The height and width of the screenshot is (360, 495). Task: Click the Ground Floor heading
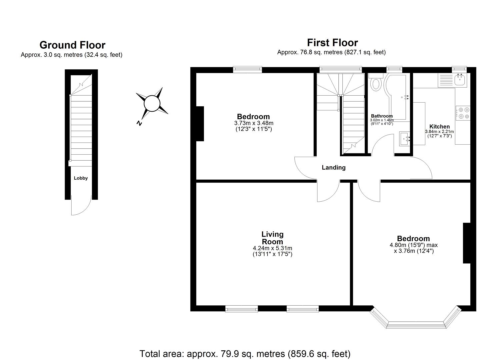point(72,45)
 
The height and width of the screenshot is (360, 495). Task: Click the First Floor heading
point(332,43)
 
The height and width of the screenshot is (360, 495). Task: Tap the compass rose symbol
point(152,103)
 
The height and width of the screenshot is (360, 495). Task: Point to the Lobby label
point(81,178)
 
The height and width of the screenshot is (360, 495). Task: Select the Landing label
point(333,168)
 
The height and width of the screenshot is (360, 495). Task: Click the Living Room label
point(272,238)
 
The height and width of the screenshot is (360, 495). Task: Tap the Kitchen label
point(439,127)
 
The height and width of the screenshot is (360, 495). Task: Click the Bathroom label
point(382,116)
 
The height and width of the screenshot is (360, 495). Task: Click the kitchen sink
point(461,80)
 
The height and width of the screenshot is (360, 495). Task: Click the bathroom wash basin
point(405,138)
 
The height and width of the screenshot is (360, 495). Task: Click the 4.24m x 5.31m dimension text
point(272,248)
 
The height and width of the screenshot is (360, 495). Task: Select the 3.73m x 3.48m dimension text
point(254,123)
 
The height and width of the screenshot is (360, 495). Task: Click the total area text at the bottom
point(245,353)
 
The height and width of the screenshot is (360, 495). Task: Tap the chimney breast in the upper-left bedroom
point(200,124)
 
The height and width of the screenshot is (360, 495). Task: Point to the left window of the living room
point(242,309)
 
